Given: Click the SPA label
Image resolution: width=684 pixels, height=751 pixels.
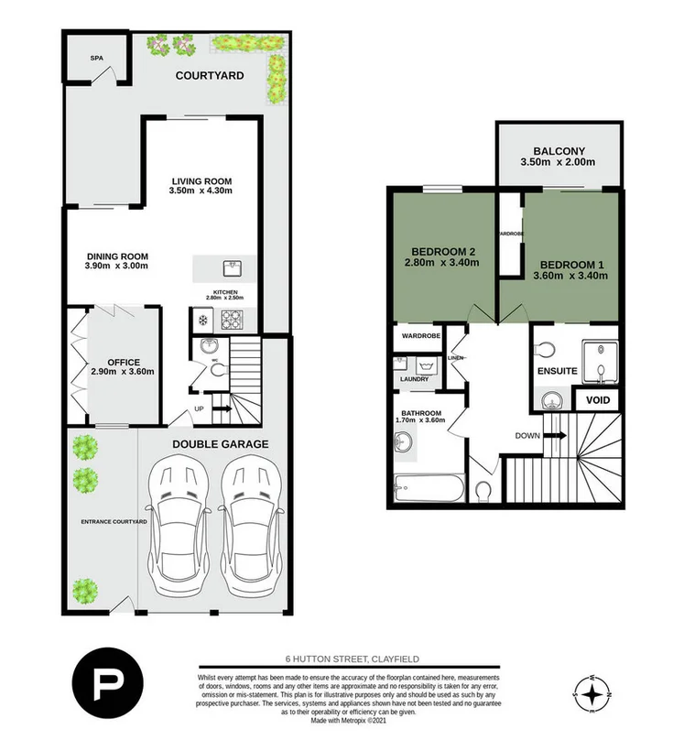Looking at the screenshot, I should pyautogui.click(x=95, y=58).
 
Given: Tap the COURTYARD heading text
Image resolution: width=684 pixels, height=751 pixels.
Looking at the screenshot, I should pyautogui.click(x=210, y=75).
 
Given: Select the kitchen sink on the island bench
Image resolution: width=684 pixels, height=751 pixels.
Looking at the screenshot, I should pyautogui.click(x=228, y=267).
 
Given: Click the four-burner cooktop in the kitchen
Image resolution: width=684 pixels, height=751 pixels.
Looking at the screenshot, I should pyautogui.click(x=231, y=320).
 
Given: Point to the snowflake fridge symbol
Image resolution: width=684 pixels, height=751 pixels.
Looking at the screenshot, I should pyautogui.click(x=202, y=320).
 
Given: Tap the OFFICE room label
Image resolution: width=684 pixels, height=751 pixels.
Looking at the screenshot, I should pyautogui.click(x=122, y=363).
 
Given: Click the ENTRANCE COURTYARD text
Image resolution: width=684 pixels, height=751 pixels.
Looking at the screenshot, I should pyautogui.click(x=114, y=521).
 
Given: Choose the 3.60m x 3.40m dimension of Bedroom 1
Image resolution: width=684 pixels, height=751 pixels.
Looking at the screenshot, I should pyautogui.click(x=571, y=277).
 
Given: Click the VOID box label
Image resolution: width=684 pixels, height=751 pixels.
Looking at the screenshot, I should pyautogui.click(x=597, y=400).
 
